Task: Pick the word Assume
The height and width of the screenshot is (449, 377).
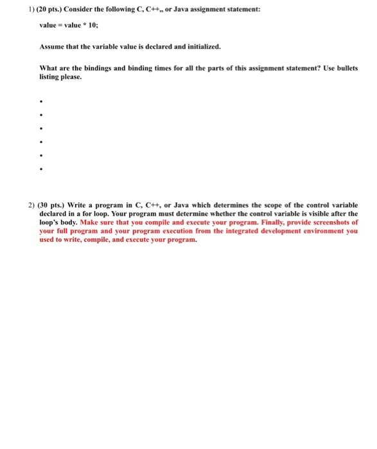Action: pos(51,47)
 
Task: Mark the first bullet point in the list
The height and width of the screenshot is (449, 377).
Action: pos(41,102)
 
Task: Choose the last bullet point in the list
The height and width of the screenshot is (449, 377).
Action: pos(41,170)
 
